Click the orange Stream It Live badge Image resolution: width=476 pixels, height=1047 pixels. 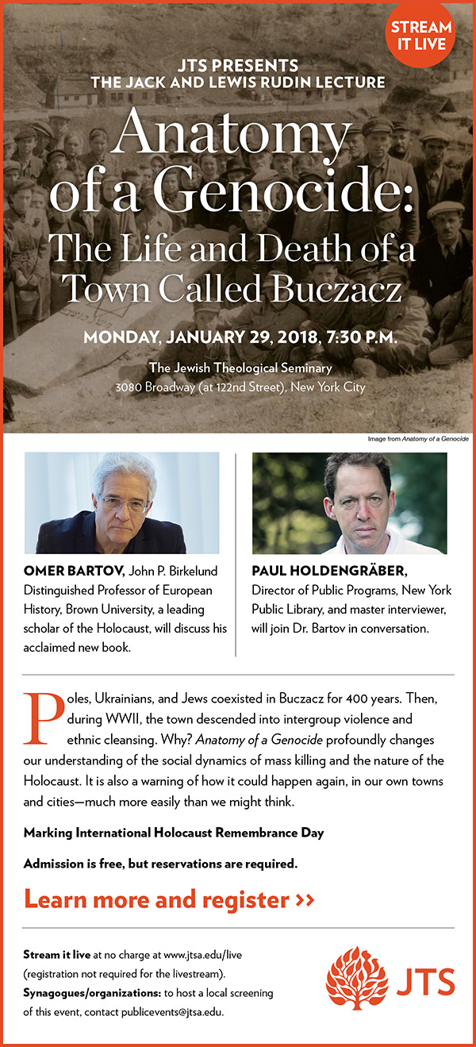pos(422,35)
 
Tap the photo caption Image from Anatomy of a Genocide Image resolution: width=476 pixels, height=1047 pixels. pos(418,439)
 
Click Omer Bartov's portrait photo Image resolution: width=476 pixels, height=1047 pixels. pos(121,502)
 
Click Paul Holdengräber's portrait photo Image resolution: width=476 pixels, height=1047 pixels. pos(349,502)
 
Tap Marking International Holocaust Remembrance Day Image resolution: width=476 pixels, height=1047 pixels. pos(174,833)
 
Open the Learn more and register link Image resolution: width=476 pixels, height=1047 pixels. pos(168,899)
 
